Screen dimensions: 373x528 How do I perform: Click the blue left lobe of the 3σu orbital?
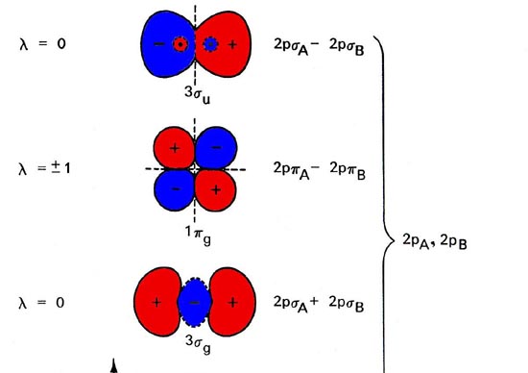[160, 45]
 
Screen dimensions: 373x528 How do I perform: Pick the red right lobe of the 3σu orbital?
[231, 45]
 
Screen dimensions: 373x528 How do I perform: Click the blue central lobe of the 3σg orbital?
[195, 302]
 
